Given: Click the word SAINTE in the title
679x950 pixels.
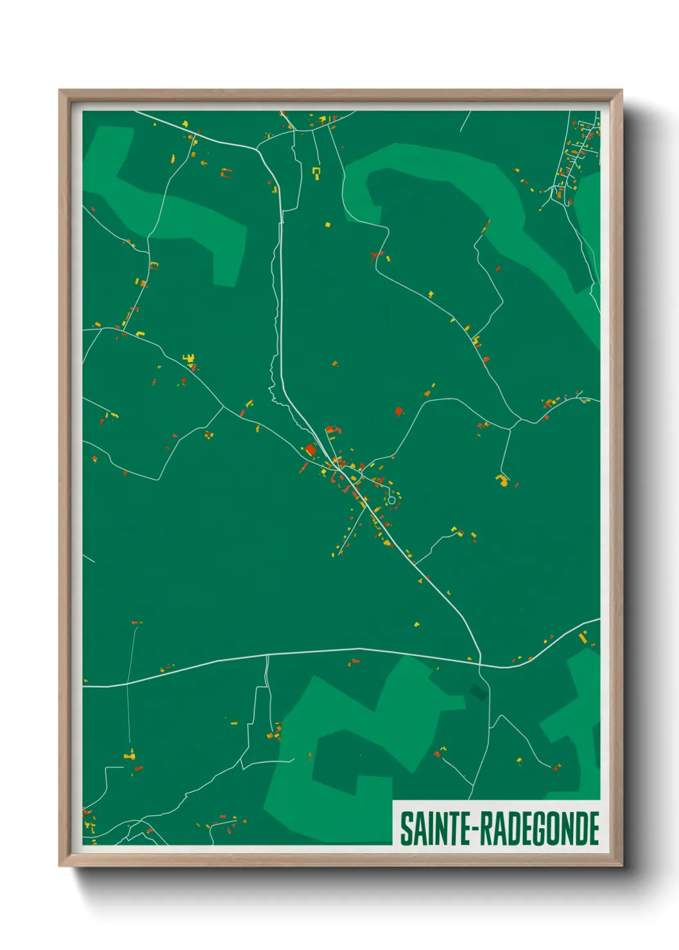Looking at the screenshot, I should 435,829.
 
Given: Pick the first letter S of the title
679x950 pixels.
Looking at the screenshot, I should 406,829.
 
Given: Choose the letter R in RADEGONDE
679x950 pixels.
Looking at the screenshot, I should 485,829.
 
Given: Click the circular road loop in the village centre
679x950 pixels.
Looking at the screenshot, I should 391,500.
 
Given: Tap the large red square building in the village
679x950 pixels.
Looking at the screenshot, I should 311,450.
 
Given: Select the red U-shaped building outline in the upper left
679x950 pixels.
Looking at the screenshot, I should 226,172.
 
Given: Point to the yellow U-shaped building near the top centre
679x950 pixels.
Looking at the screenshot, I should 316,171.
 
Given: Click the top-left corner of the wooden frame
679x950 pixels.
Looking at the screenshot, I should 60,91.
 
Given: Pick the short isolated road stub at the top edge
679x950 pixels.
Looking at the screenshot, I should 465,121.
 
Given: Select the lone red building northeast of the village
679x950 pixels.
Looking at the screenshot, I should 399,411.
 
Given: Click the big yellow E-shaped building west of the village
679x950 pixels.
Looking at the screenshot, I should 189,358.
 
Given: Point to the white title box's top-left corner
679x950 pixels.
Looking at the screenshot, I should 393,801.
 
